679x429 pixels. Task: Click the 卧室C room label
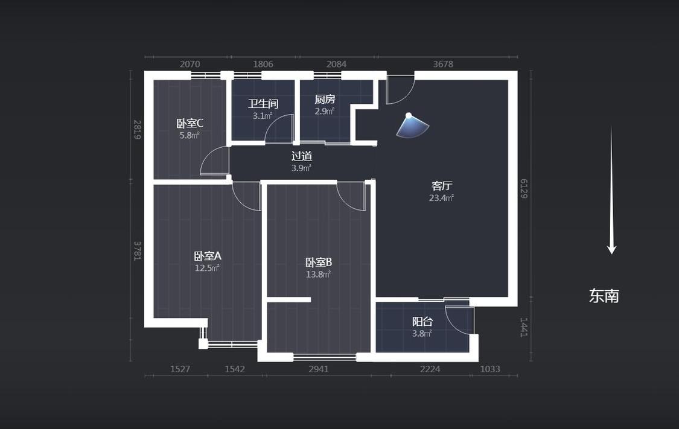pos(190,123)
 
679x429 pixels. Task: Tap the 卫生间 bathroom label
pos(263,104)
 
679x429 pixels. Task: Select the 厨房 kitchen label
pos(325,99)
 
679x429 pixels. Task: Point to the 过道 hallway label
pos(302,156)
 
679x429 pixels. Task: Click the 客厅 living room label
pos(442,186)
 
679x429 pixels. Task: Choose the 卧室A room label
pos(208,256)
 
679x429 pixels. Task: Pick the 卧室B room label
pos(319,262)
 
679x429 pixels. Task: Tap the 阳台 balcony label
pos(422,322)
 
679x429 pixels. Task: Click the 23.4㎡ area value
pos(441,198)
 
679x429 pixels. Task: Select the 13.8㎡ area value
pos(318,275)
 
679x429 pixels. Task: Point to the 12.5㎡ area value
pos(207,268)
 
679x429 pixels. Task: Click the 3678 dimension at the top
pos(443,64)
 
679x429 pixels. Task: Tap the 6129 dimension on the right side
pos(524,189)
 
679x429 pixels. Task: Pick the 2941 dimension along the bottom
pos(319,369)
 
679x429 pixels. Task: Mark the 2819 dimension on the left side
pos(137,130)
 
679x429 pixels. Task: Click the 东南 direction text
pos(604,296)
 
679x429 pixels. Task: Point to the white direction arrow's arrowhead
pos(611,249)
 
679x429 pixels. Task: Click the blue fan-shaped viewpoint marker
pos(412,126)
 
